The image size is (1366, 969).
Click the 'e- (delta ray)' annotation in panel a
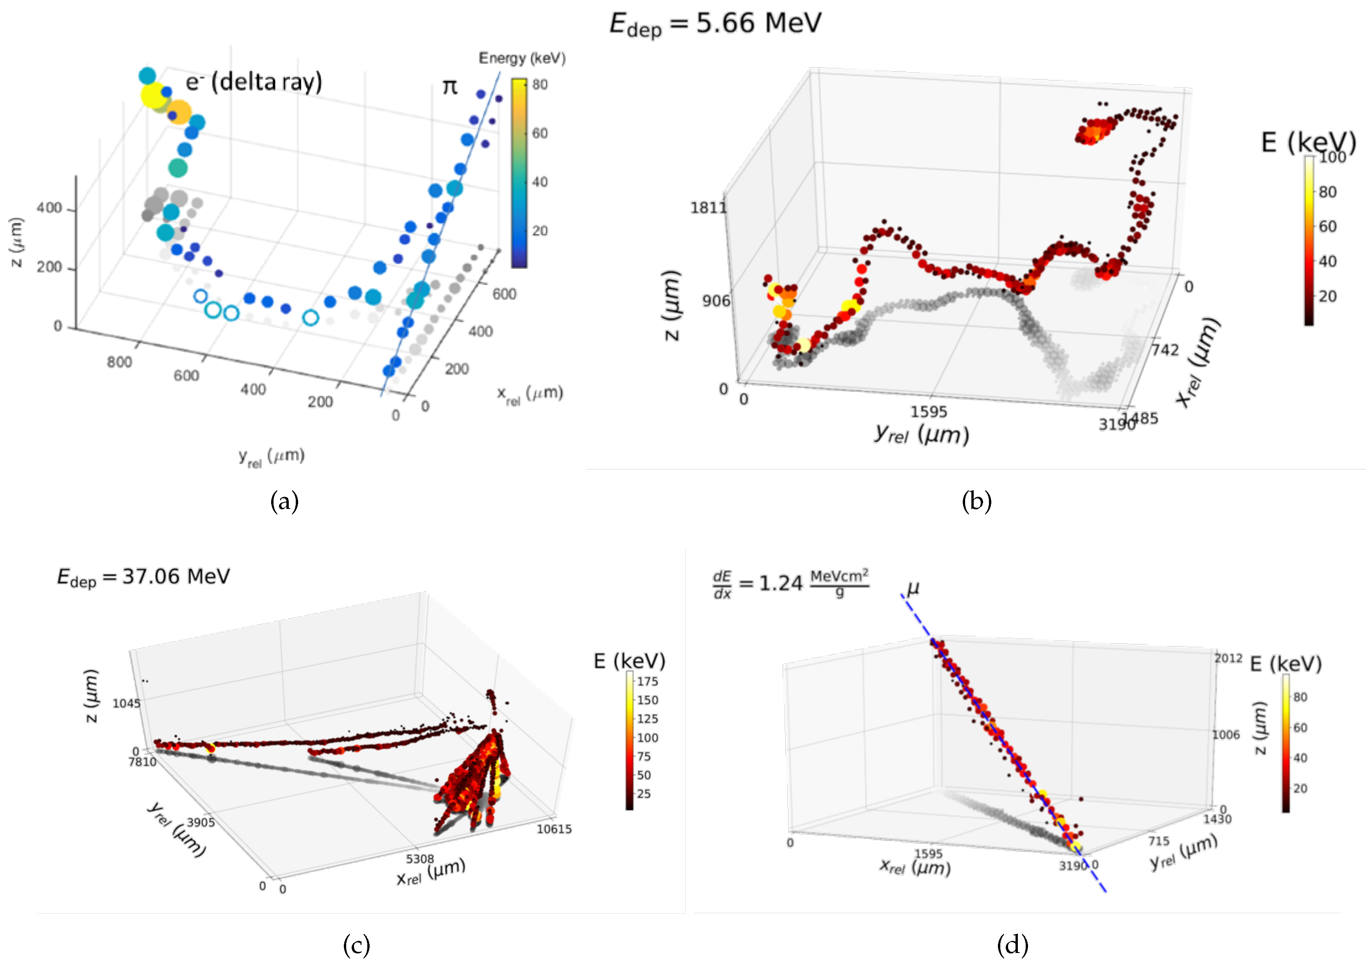pos(254,81)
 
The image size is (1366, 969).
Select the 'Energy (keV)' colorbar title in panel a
pos(522,58)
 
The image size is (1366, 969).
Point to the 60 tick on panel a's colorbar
pos(540,133)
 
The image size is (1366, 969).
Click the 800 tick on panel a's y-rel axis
pos(119,362)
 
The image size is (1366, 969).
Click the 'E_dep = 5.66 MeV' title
pos(715,24)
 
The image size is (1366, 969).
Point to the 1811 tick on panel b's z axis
pos(708,208)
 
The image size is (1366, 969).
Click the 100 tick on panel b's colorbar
pos(1332,157)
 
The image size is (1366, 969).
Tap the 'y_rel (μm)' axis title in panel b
pos(921,434)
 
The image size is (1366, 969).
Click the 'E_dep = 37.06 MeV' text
pos(143,577)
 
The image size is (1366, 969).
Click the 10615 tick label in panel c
pos(554,829)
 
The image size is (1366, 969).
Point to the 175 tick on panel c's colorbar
pos(647,682)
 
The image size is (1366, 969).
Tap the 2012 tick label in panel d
pos(1228,658)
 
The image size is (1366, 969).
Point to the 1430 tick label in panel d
pos(1217,819)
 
